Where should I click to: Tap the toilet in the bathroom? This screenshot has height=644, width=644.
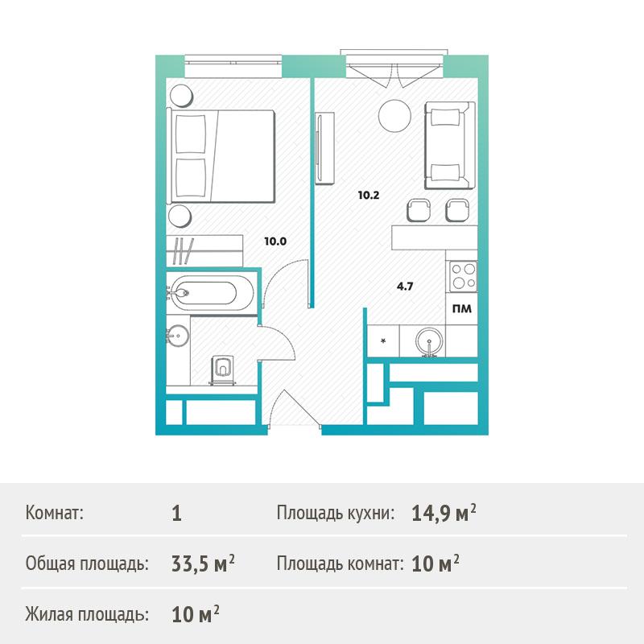[222, 369]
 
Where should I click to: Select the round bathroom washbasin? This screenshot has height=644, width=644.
[178, 336]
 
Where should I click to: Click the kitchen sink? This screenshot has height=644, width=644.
[429, 341]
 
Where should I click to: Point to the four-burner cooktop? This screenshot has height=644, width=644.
[464, 276]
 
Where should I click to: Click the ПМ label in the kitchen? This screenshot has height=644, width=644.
[462, 309]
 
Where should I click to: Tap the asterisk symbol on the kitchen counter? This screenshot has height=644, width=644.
[383, 341]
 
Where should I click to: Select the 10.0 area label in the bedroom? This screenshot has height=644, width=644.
[275, 241]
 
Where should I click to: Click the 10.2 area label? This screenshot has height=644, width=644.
[369, 195]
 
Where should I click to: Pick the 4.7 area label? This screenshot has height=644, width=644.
[405, 287]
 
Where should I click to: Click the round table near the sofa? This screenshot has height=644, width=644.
[394, 116]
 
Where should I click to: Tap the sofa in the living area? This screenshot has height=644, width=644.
[450, 146]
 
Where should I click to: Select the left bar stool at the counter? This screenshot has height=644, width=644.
[419, 210]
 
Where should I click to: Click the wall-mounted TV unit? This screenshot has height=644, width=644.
[324, 148]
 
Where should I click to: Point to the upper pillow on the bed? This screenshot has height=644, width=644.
[191, 134]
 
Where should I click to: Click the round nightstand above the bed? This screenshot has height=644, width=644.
[181, 96]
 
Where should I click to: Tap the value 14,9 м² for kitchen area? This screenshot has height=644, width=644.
[444, 513]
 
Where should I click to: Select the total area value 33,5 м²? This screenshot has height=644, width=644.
[203, 563]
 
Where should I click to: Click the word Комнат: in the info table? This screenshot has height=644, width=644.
[54, 513]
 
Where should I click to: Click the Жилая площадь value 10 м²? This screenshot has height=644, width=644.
[195, 614]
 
